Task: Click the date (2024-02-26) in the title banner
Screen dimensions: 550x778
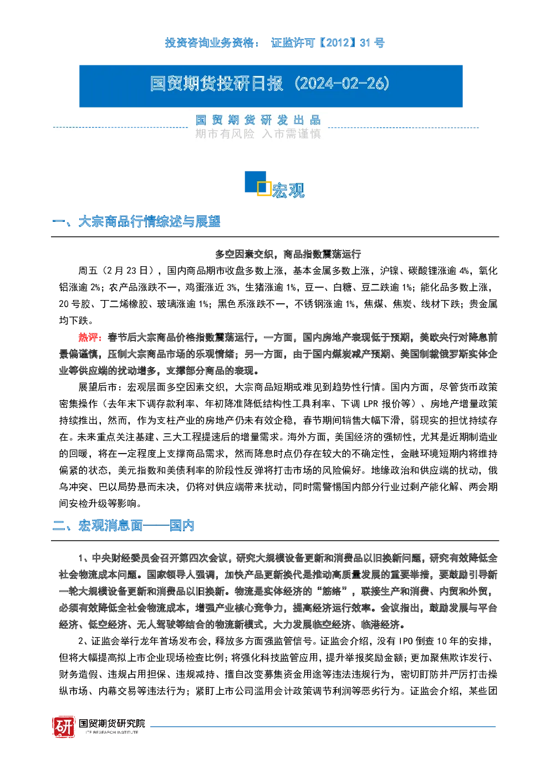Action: (342, 84)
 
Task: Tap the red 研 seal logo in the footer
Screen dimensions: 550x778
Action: (64, 726)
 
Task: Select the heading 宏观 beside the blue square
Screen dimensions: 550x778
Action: (288, 190)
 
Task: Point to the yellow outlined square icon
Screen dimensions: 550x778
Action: (264, 189)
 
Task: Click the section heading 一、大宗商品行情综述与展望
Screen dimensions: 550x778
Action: (136, 222)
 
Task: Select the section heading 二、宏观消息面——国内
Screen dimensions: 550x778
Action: (123, 526)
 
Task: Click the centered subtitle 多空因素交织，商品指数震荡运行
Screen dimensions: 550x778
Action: (288, 254)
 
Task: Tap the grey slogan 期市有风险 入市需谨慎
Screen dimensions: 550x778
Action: (258, 134)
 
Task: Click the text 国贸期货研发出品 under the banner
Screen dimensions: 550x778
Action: (258, 120)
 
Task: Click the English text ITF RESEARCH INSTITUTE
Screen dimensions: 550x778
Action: (112, 732)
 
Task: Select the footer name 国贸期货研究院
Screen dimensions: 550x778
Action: (112, 723)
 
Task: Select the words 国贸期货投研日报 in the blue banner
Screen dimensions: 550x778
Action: (216, 84)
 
